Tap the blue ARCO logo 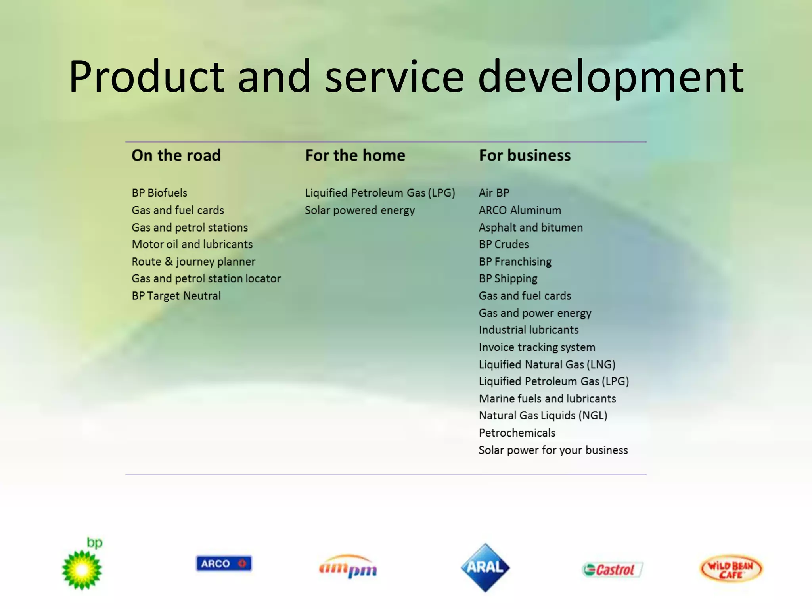point(224,563)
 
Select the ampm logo point(348,567)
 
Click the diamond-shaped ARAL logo point(485,567)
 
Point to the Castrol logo point(612,570)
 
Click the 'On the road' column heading point(176,155)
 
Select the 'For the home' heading point(355,155)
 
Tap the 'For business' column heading point(525,155)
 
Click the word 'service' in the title point(394,76)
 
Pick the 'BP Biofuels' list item point(159,193)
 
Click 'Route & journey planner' point(193,262)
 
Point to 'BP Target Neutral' point(176,296)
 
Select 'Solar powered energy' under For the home point(360,210)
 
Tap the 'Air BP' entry point(494,193)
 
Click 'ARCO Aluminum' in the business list point(520,210)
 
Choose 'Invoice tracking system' point(537,347)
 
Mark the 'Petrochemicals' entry point(517,433)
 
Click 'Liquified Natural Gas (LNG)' point(547,364)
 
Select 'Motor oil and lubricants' point(192,244)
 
